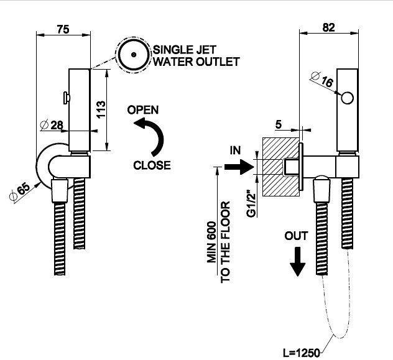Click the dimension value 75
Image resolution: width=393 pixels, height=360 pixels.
tap(62, 28)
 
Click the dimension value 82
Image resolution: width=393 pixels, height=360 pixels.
tap(329, 27)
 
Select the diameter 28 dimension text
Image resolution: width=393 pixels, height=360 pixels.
tap(52, 125)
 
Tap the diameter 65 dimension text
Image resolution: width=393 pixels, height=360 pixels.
tap(19, 193)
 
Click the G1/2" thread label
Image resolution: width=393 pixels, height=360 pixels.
tap(251, 203)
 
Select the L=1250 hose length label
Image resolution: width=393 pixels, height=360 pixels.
tap(301, 353)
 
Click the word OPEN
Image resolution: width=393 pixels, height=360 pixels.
tap(142, 110)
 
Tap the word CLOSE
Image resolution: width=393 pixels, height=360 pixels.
tap(152, 165)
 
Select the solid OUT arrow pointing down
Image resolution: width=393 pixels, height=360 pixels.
tap(298, 261)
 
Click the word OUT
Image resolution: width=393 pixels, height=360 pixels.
tap(297, 236)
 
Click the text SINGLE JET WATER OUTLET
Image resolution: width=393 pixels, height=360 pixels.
tap(196, 55)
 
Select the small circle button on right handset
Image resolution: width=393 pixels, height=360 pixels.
tap(348, 97)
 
